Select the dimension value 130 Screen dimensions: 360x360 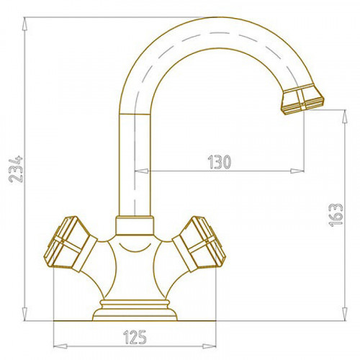(x=219, y=162)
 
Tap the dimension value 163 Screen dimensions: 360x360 (x=336, y=215)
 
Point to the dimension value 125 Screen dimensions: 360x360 (x=135, y=337)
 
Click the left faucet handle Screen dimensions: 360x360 (x=70, y=244)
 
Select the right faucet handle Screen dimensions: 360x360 (x=199, y=244)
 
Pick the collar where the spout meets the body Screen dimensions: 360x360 (x=135, y=225)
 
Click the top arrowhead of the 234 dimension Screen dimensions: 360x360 (x=24, y=24)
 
